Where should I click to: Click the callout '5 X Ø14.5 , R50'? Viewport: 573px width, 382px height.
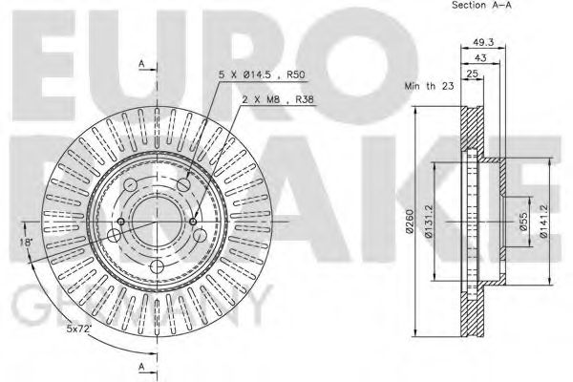pyautogui.click(x=260, y=72)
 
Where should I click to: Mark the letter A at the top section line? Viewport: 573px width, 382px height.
pyautogui.click(x=140, y=63)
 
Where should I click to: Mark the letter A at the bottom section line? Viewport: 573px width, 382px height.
pyautogui.click(x=140, y=367)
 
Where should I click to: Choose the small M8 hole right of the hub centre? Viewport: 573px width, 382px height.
pyautogui.click(x=194, y=223)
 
